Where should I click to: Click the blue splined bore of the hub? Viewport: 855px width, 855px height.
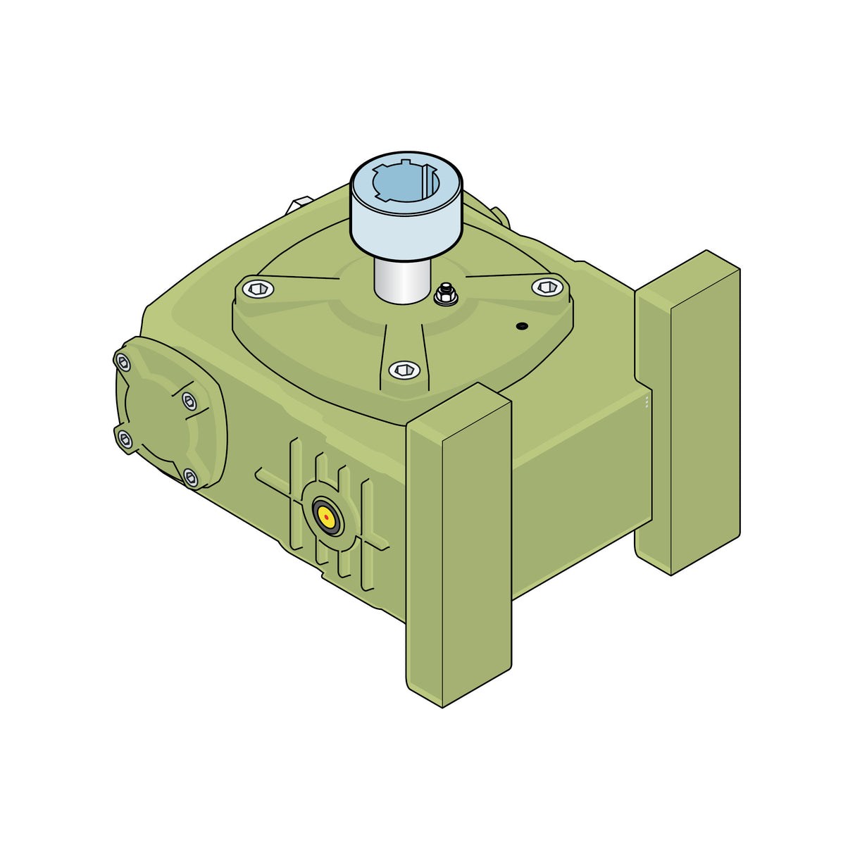click(406, 182)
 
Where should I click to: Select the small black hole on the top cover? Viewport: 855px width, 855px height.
click(521, 325)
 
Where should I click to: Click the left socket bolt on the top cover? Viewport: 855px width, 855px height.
click(258, 287)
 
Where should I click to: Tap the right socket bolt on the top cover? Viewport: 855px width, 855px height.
click(547, 286)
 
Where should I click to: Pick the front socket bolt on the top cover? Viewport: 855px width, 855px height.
click(404, 370)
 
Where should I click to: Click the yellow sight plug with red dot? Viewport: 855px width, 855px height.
click(327, 517)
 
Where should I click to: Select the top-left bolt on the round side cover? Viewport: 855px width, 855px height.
click(123, 363)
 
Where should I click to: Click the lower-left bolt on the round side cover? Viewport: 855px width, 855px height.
click(125, 440)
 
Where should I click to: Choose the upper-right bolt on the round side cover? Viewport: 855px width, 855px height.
click(189, 401)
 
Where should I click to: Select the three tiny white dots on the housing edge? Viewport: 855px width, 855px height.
click(647, 402)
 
